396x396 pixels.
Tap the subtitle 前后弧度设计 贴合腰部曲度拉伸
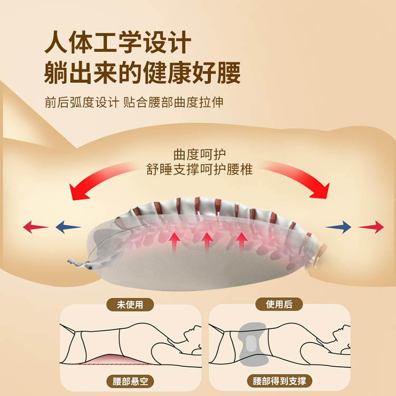134,102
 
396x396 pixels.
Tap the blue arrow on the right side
338,227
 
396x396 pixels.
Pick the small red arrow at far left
35,228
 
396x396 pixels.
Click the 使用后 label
278,305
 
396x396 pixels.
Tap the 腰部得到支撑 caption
279,381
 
